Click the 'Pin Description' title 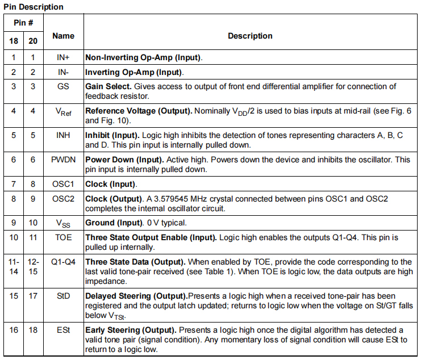pyautogui.click(x=34, y=7)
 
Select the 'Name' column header pyautogui.click(x=63, y=36)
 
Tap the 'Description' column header pyautogui.click(x=250, y=36)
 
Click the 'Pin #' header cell pyautogui.click(x=23, y=24)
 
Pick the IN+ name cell pyautogui.click(x=63, y=57)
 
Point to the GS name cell pyautogui.click(x=63, y=86)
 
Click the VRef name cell pyautogui.click(x=63, y=111)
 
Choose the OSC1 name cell pyautogui.click(x=63, y=184)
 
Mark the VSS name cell pyautogui.click(x=63, y=223)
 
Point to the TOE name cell pyautogui.click(x=63, y=237)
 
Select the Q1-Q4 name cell pyautogui.click(x=63, y=262)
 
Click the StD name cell pyautogui.click(x=63, y=296)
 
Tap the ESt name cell pyautogui.click(x=63, y=330)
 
